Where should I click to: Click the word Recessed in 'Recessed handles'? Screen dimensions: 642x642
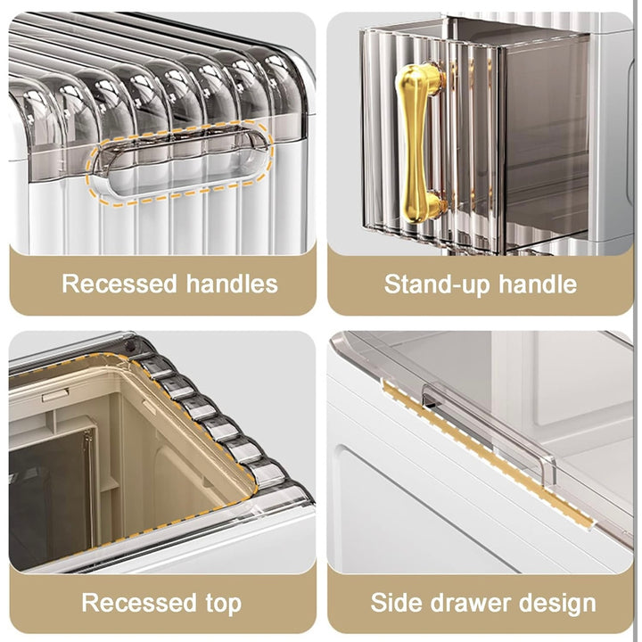pos(119,284)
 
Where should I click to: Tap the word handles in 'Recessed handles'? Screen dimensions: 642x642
pos(232,284)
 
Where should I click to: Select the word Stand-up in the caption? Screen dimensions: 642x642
pos(436,284)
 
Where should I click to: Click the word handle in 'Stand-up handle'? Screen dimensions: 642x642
pos(537,284)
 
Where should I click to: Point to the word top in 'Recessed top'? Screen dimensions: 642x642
pos(224,604)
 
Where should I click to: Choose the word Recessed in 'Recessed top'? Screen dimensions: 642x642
pos(139,603)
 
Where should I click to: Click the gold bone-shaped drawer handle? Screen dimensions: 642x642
pos(419,144)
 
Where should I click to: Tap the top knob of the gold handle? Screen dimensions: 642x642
pos(420,78)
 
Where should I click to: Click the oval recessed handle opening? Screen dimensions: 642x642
pos(179,163)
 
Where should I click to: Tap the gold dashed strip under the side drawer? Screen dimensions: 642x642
pos(487,455)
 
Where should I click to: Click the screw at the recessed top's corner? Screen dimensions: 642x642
pos(130,346)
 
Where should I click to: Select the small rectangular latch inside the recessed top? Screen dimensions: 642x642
pos(55,395)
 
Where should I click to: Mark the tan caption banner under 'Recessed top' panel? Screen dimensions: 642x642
pos(162,602)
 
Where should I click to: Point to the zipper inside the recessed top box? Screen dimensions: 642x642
pos(87,487)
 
